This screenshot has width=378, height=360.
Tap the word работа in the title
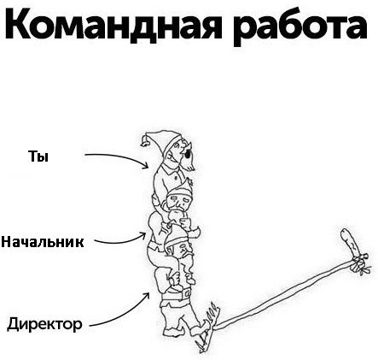(x=300, y=27)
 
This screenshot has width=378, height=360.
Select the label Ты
(x=38, y=156)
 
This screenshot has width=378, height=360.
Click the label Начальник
(x=43, y=242)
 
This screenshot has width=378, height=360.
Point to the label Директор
(x=44, y=324)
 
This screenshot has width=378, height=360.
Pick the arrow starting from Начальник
(x=122, y=242)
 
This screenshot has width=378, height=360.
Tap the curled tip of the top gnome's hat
(x=145, y=141)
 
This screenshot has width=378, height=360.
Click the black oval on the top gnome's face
(x=187, y=154)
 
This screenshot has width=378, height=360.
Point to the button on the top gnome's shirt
(x=177, y=178)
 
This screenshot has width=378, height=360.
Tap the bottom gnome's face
(x=183, y=251)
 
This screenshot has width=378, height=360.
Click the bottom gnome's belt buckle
(x=186, y=293)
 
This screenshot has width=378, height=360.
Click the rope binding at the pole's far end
(x=359, y=263)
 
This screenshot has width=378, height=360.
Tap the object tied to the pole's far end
(x=352, y=242)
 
